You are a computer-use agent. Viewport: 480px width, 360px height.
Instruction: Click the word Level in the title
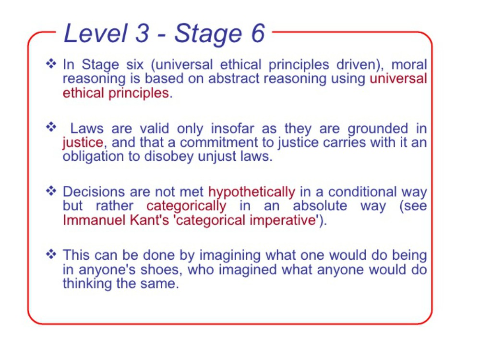pos(96,33)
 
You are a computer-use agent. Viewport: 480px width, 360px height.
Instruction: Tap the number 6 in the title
pos(258,33)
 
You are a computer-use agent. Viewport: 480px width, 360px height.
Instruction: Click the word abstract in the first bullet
pos(234,78)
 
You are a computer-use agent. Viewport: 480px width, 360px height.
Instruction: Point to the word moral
pos(409,65)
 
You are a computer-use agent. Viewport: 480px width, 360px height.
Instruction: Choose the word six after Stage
pos(135,65)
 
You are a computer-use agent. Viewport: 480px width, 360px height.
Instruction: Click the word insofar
pos(232,128)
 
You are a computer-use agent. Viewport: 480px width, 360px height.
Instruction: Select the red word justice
pos(83,143)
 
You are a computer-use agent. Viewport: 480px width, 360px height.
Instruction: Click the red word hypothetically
pos(252,192)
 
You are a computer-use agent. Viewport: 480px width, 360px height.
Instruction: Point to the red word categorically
pos(186,206)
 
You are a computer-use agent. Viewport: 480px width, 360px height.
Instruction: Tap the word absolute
pos(320,206)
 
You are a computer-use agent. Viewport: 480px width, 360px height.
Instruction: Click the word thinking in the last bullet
pos(87,284)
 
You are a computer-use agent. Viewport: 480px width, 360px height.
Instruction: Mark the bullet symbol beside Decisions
pos(51,191)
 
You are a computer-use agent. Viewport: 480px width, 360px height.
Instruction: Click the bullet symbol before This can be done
pos(51,254)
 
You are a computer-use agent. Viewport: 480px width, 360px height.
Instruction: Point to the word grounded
pos(378,129)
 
